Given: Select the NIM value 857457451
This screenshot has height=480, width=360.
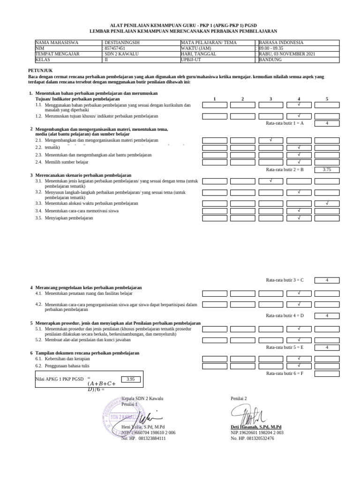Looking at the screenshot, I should tap(115, 48).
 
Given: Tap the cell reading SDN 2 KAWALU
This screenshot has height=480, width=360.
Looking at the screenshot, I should tap(120, 54).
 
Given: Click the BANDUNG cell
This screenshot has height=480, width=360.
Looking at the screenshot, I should tap(270, 60).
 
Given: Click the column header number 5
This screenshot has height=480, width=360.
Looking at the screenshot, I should tap(327, 99).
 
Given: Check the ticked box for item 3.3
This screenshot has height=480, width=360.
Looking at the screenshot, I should tap(327, 203).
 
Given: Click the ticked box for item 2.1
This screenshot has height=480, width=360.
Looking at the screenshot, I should tap(270, 140).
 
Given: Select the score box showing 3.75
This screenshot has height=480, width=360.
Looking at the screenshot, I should tap(327, 170).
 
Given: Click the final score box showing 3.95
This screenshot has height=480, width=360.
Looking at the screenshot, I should tap(131, 379).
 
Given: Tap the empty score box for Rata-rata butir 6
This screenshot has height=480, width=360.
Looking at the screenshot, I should tap(327, 373).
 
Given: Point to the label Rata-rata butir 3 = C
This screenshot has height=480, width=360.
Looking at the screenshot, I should tap(285, 280).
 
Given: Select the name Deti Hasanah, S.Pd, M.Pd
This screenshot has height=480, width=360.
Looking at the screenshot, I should tap(256, 427).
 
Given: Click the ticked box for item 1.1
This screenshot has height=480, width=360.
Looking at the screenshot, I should tap(299, 105).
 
